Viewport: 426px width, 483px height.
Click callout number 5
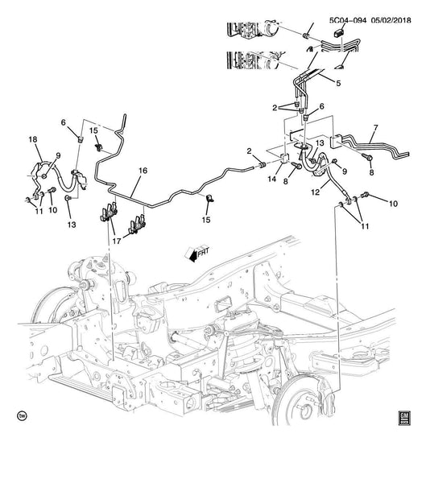click(338, 83)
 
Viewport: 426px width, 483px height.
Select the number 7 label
click(375, 127)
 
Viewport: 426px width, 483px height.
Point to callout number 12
click(316, 192)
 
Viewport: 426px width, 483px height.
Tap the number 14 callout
click(272, 179)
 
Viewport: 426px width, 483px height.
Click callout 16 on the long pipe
click(143, 171)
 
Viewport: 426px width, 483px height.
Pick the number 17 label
click(117, 242)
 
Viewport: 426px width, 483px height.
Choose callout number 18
click(33, 139)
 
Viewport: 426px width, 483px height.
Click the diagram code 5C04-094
click(348, 20)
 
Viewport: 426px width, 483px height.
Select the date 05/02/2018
click(391, 20)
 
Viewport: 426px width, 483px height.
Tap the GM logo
click(404, 419)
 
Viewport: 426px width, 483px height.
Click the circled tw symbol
click(22, 416)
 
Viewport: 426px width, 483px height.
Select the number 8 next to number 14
click(285, 182)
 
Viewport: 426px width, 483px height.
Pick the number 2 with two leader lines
click(275, 108)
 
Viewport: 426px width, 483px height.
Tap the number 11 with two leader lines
click(365, 226)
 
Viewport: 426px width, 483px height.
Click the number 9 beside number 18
click(58, 155)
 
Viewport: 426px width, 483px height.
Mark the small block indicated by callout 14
click(284, 158)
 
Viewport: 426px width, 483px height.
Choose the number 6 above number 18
click(63, 122)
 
